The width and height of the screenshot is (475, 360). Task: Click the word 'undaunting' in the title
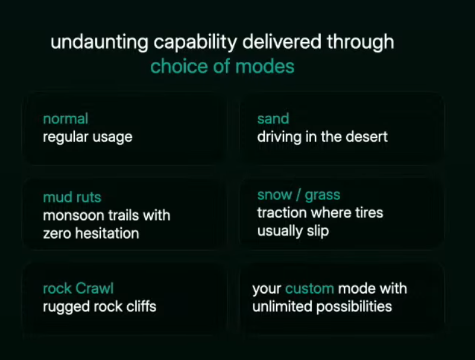(99, 42)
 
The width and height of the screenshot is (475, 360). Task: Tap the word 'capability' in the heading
(195, 42)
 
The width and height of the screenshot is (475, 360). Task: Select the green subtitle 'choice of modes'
(222, 67)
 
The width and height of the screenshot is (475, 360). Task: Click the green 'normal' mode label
(66, 118)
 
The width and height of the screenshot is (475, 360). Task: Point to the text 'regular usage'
(87, 137)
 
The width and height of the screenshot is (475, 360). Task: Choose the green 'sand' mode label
(273, 118)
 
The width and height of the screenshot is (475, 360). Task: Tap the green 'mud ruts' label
(72, 197)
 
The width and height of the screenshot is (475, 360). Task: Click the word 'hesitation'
(107, 233)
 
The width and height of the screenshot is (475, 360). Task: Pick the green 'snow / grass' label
(299, 195)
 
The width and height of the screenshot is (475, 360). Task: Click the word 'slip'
(318, 231)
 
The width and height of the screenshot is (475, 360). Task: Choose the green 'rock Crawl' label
(78, 288)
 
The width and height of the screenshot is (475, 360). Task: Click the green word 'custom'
(309, 289)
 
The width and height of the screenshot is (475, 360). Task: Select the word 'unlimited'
(283, 307)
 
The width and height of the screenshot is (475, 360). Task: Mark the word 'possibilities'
(354, 307)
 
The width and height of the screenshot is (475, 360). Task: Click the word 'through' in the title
(360, 42)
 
